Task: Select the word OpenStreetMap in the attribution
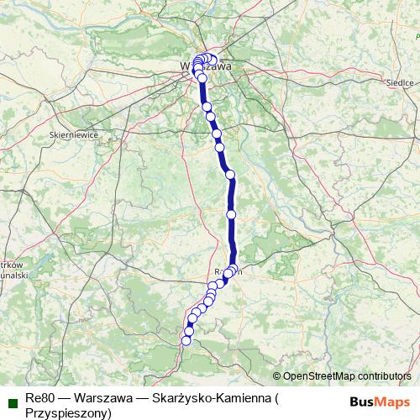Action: (x=318, y=375)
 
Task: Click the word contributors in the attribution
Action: (x=383, y=375)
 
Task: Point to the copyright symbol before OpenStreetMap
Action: (x=277, y=375)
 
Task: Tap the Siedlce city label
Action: (x=399, y=83)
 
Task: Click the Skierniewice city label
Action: (x=75, y=134)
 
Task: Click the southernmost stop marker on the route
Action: (x=186, y=340)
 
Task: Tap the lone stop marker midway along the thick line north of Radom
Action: (x=231, y=215)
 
